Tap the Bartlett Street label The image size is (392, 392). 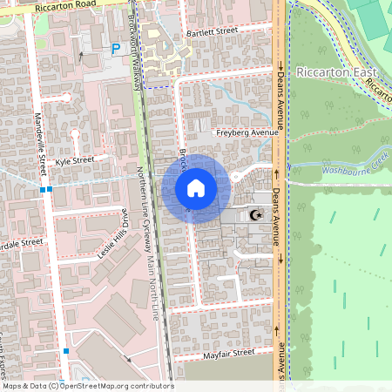pyautogui.click(x=212, y=31)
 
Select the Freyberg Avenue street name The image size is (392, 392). pyautogui.click(x=247, y=132)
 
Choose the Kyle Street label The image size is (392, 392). pyautogui.click(x=74, y=161)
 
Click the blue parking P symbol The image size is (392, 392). pyautogui.click(x=116, y=51)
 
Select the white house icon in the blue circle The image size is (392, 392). pyautogui.click(x=196, y=188)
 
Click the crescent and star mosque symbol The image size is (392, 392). pyautogui.click(x=254, y=214)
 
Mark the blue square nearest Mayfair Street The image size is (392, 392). pyautogui.click(x=65, y=351)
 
